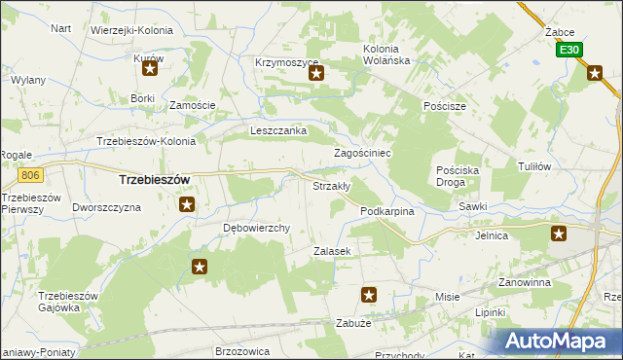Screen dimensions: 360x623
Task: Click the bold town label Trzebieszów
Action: [x=153, y=180]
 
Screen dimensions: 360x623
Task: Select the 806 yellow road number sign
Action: [x=30, y=175]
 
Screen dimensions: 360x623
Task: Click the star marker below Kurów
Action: [x=150, y=70]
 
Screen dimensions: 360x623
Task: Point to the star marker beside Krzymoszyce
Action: [x=315, y=72]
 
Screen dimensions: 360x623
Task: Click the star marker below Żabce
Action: [x=595, y=71]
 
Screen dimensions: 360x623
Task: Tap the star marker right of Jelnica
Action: [x=559, y=234]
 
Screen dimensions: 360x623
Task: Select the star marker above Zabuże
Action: [x=369, y=294]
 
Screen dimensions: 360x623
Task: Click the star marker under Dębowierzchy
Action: [x=200, y=267]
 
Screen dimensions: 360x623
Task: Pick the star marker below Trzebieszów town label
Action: [x=187, y=204]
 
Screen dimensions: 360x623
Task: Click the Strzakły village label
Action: [x=330, y=186]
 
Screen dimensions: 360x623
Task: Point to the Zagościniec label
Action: [x=362, y=154]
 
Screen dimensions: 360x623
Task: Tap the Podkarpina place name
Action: [x=387, y=211]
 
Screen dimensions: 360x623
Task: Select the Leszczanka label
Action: [x=278, y=130]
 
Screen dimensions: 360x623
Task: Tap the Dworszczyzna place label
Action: [x=107, y=208]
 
